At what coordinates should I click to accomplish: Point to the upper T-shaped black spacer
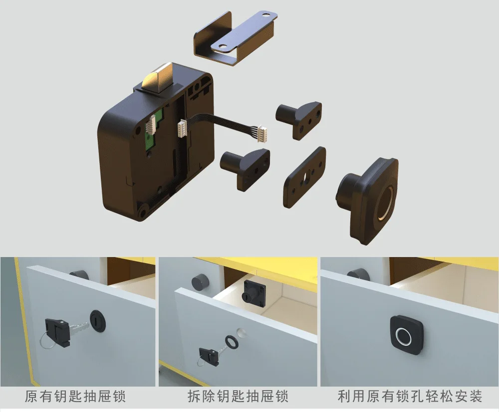click(x=300, y=120)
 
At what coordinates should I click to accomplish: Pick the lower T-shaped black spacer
click(x=245, y=167)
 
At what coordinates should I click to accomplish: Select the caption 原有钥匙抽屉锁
click(x=75, y=397)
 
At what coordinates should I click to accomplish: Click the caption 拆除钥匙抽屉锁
click(x=238, y=397)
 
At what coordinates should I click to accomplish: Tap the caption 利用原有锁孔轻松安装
click(x=410, y=397)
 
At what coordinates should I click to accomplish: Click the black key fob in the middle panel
click(x=207, y=355)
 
